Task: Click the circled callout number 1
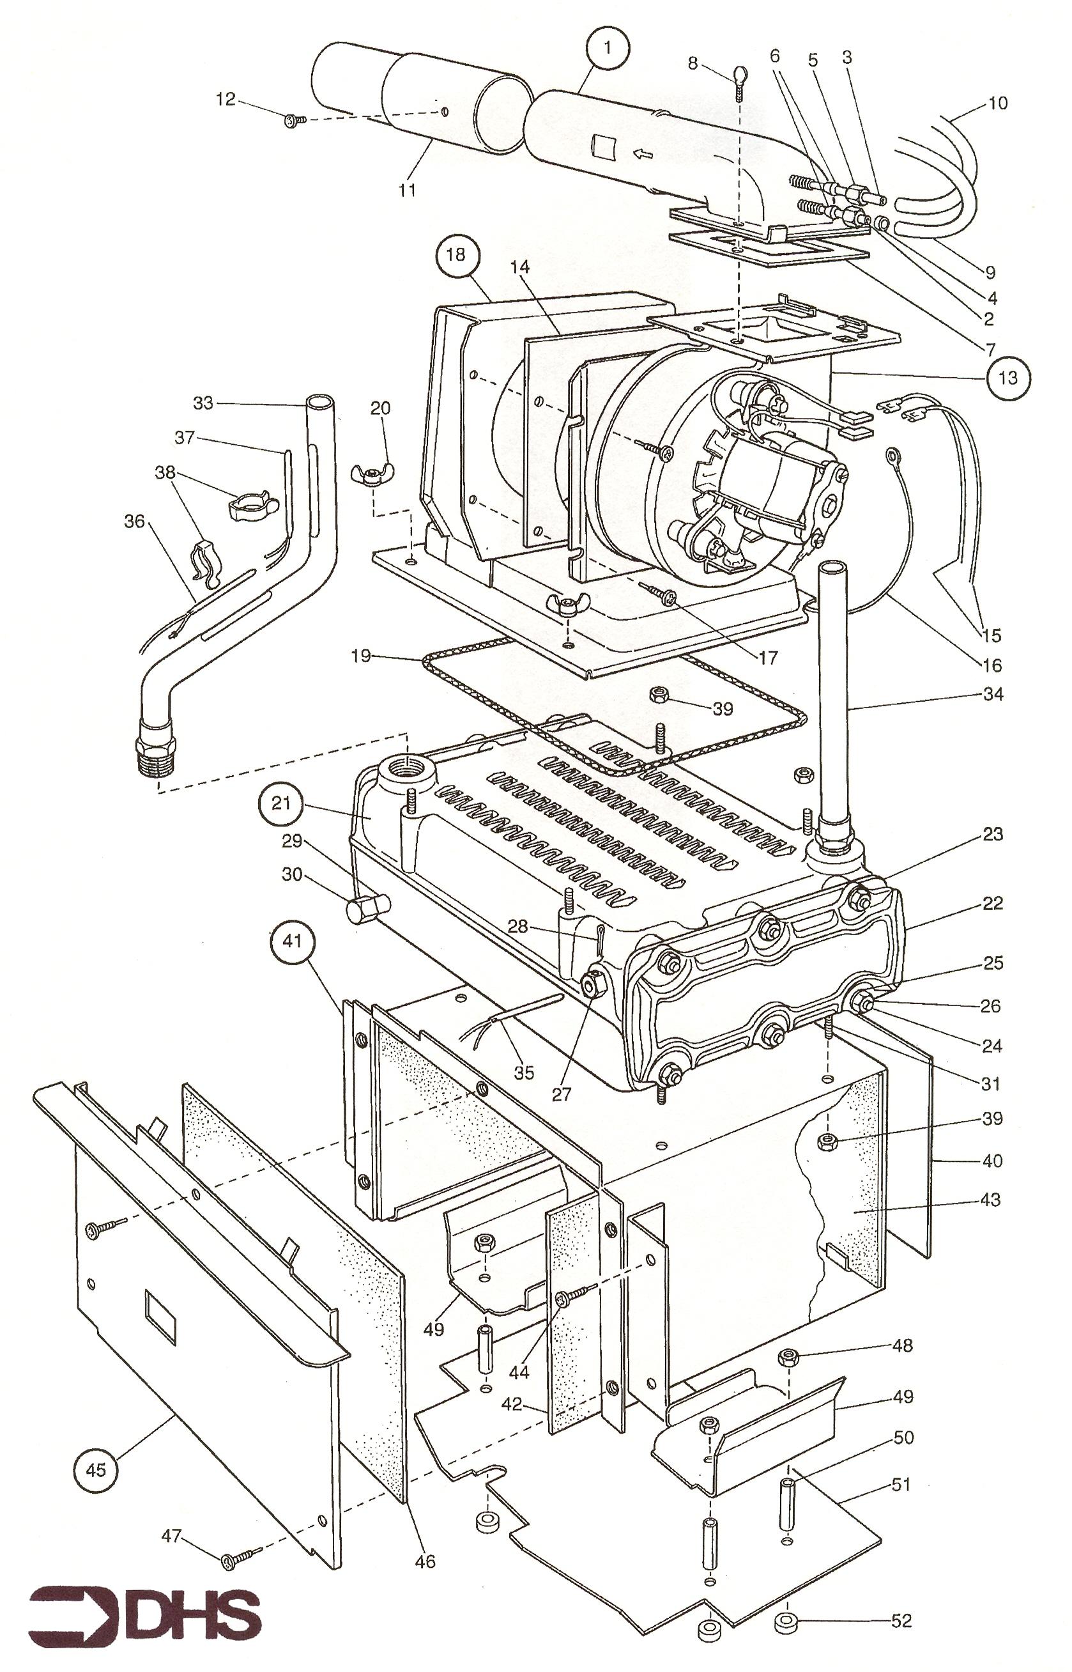[x=607, y=47]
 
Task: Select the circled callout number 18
[x=456, y=254]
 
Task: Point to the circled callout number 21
[x=280, y=803]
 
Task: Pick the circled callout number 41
[x=293, y=941]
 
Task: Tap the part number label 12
[x=226, y=99]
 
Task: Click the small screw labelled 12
[x=295, y=120]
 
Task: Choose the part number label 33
[x=203, y=403]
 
